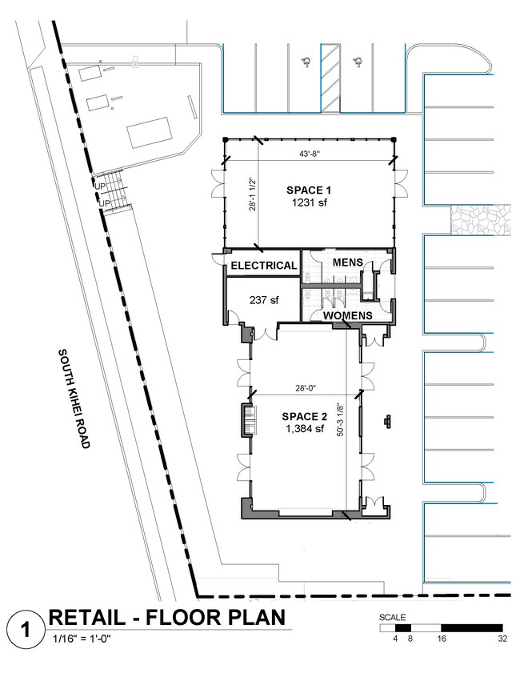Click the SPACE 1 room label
(x=309, y=190)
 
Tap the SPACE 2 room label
(x=304, y=416)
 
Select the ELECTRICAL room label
(x=264, y=266)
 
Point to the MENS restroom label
(x=347, y=262)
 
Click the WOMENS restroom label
(x=347, y=316)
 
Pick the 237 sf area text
(x=264, y=300)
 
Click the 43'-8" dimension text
(x=310, y=154)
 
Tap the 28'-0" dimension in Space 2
(x=306, y=388)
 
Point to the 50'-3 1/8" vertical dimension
(x=341, y=419)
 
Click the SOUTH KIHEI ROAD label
(x=74, y=399)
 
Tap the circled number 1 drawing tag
(x=26, y=630)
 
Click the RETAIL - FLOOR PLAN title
(x=167, y=618)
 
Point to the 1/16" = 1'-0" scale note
(x=82, y=639)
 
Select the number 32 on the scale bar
(x=502, y=639)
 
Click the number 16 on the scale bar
(x=442, y=639)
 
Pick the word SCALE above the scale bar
(x=392, y=618)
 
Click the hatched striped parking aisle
(x=330, y=78)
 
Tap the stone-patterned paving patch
(x=481, y=219)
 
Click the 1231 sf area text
(x=309, y=202)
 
